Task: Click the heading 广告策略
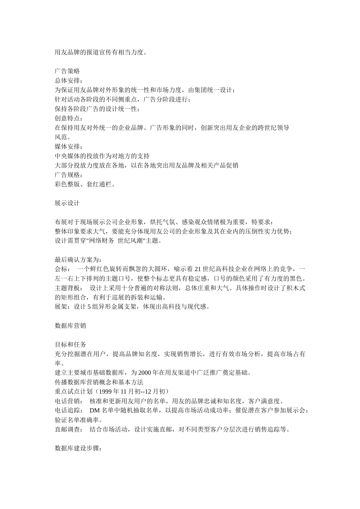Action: (67, 71)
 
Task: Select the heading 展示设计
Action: (67, 203)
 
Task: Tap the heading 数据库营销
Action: (70, 325)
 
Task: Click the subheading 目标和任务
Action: (70, 344)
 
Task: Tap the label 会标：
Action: (62, 269)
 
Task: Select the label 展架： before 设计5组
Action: (62, 307)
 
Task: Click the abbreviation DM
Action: (94, 411)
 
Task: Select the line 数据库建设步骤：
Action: (78, 448)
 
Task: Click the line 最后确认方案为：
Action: (78, 259)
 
